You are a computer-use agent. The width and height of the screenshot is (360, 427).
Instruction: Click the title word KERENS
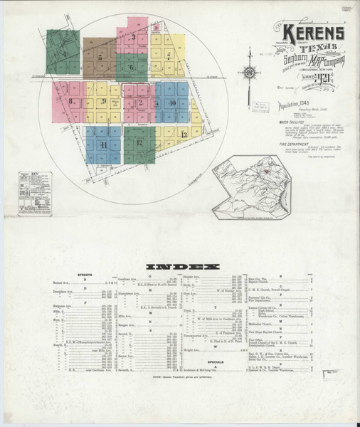[x=313, y=33]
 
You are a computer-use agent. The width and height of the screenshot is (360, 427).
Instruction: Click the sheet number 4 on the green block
[x=64, y=54]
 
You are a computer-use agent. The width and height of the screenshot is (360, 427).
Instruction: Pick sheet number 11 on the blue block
[x=104, y=144]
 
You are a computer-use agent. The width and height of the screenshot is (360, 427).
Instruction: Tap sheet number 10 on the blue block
[x=173, y=103]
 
